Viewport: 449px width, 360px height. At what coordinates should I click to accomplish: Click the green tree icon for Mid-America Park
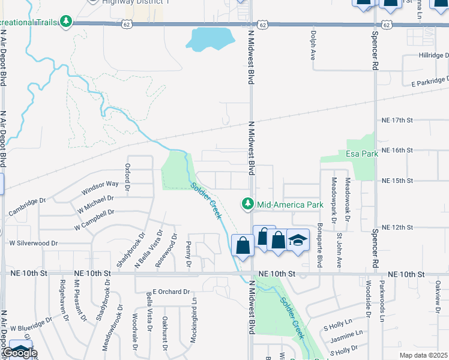(247, 205)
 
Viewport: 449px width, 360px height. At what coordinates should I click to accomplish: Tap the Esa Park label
(362, 154)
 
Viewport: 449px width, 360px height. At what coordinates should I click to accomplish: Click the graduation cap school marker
(298, 240)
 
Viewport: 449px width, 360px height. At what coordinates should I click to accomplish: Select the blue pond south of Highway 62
(209, 40)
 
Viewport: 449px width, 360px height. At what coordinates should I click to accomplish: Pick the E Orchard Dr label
(171, 292)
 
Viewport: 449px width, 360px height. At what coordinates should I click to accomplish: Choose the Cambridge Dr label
(27, 206)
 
